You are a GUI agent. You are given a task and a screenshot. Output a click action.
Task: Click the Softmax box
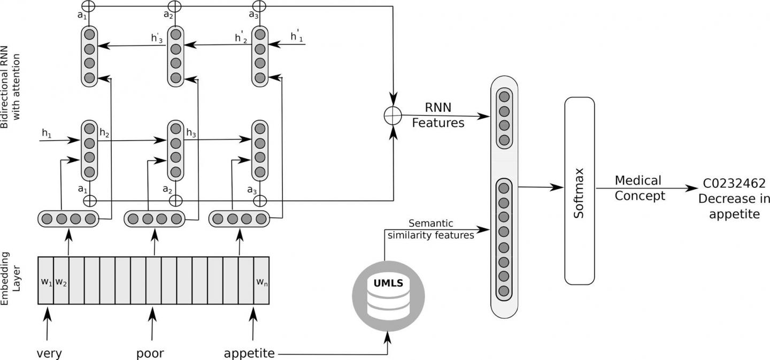[579, 191]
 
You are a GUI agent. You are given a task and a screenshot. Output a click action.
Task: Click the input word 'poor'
[150, 353]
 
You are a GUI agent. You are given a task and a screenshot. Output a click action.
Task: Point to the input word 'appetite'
[249, 353]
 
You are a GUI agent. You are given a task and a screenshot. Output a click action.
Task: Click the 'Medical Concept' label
[639, 188]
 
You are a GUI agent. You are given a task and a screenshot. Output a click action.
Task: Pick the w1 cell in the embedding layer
[45, 281]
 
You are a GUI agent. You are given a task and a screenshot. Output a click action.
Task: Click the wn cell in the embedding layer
[261, 281]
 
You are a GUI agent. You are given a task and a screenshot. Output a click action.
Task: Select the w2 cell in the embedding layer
[61, 281]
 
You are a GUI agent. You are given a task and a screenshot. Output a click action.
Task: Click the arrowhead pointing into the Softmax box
[561, 188]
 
